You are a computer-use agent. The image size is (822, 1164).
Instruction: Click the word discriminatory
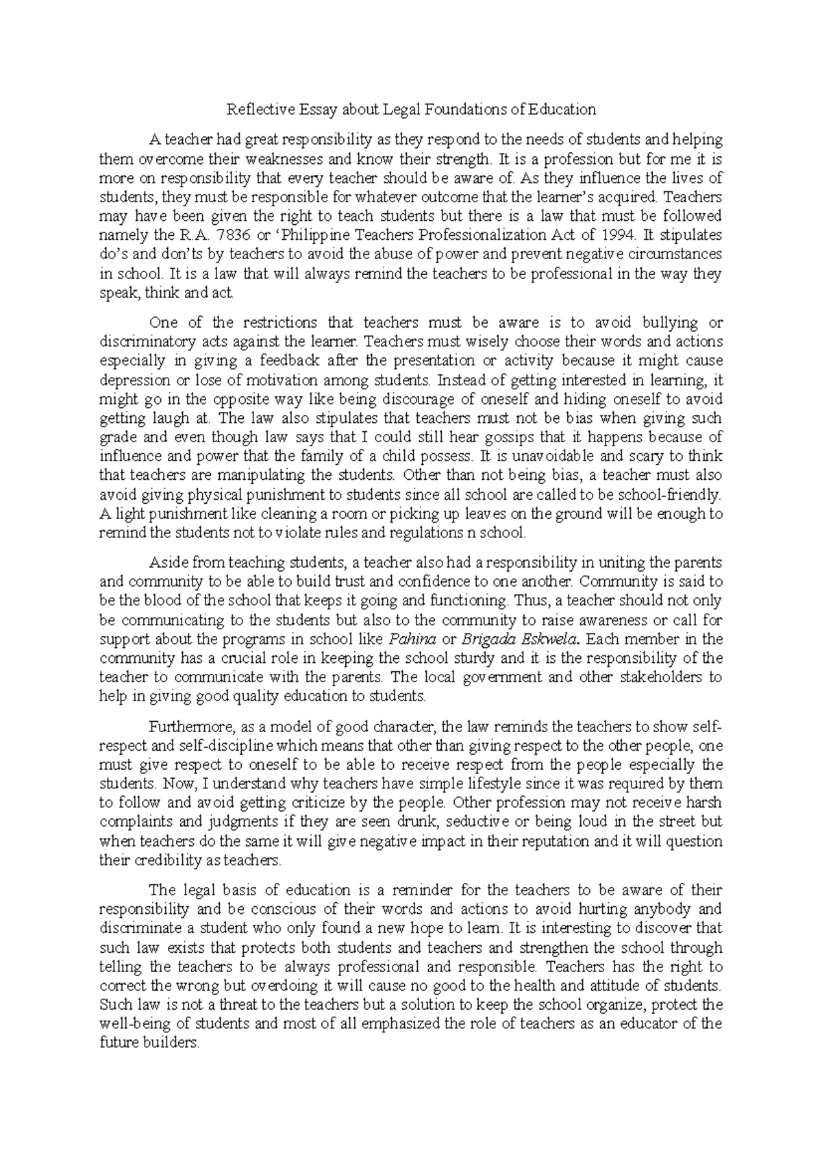pos(143,341)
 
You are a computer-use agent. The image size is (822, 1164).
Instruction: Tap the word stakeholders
pos(655,678)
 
